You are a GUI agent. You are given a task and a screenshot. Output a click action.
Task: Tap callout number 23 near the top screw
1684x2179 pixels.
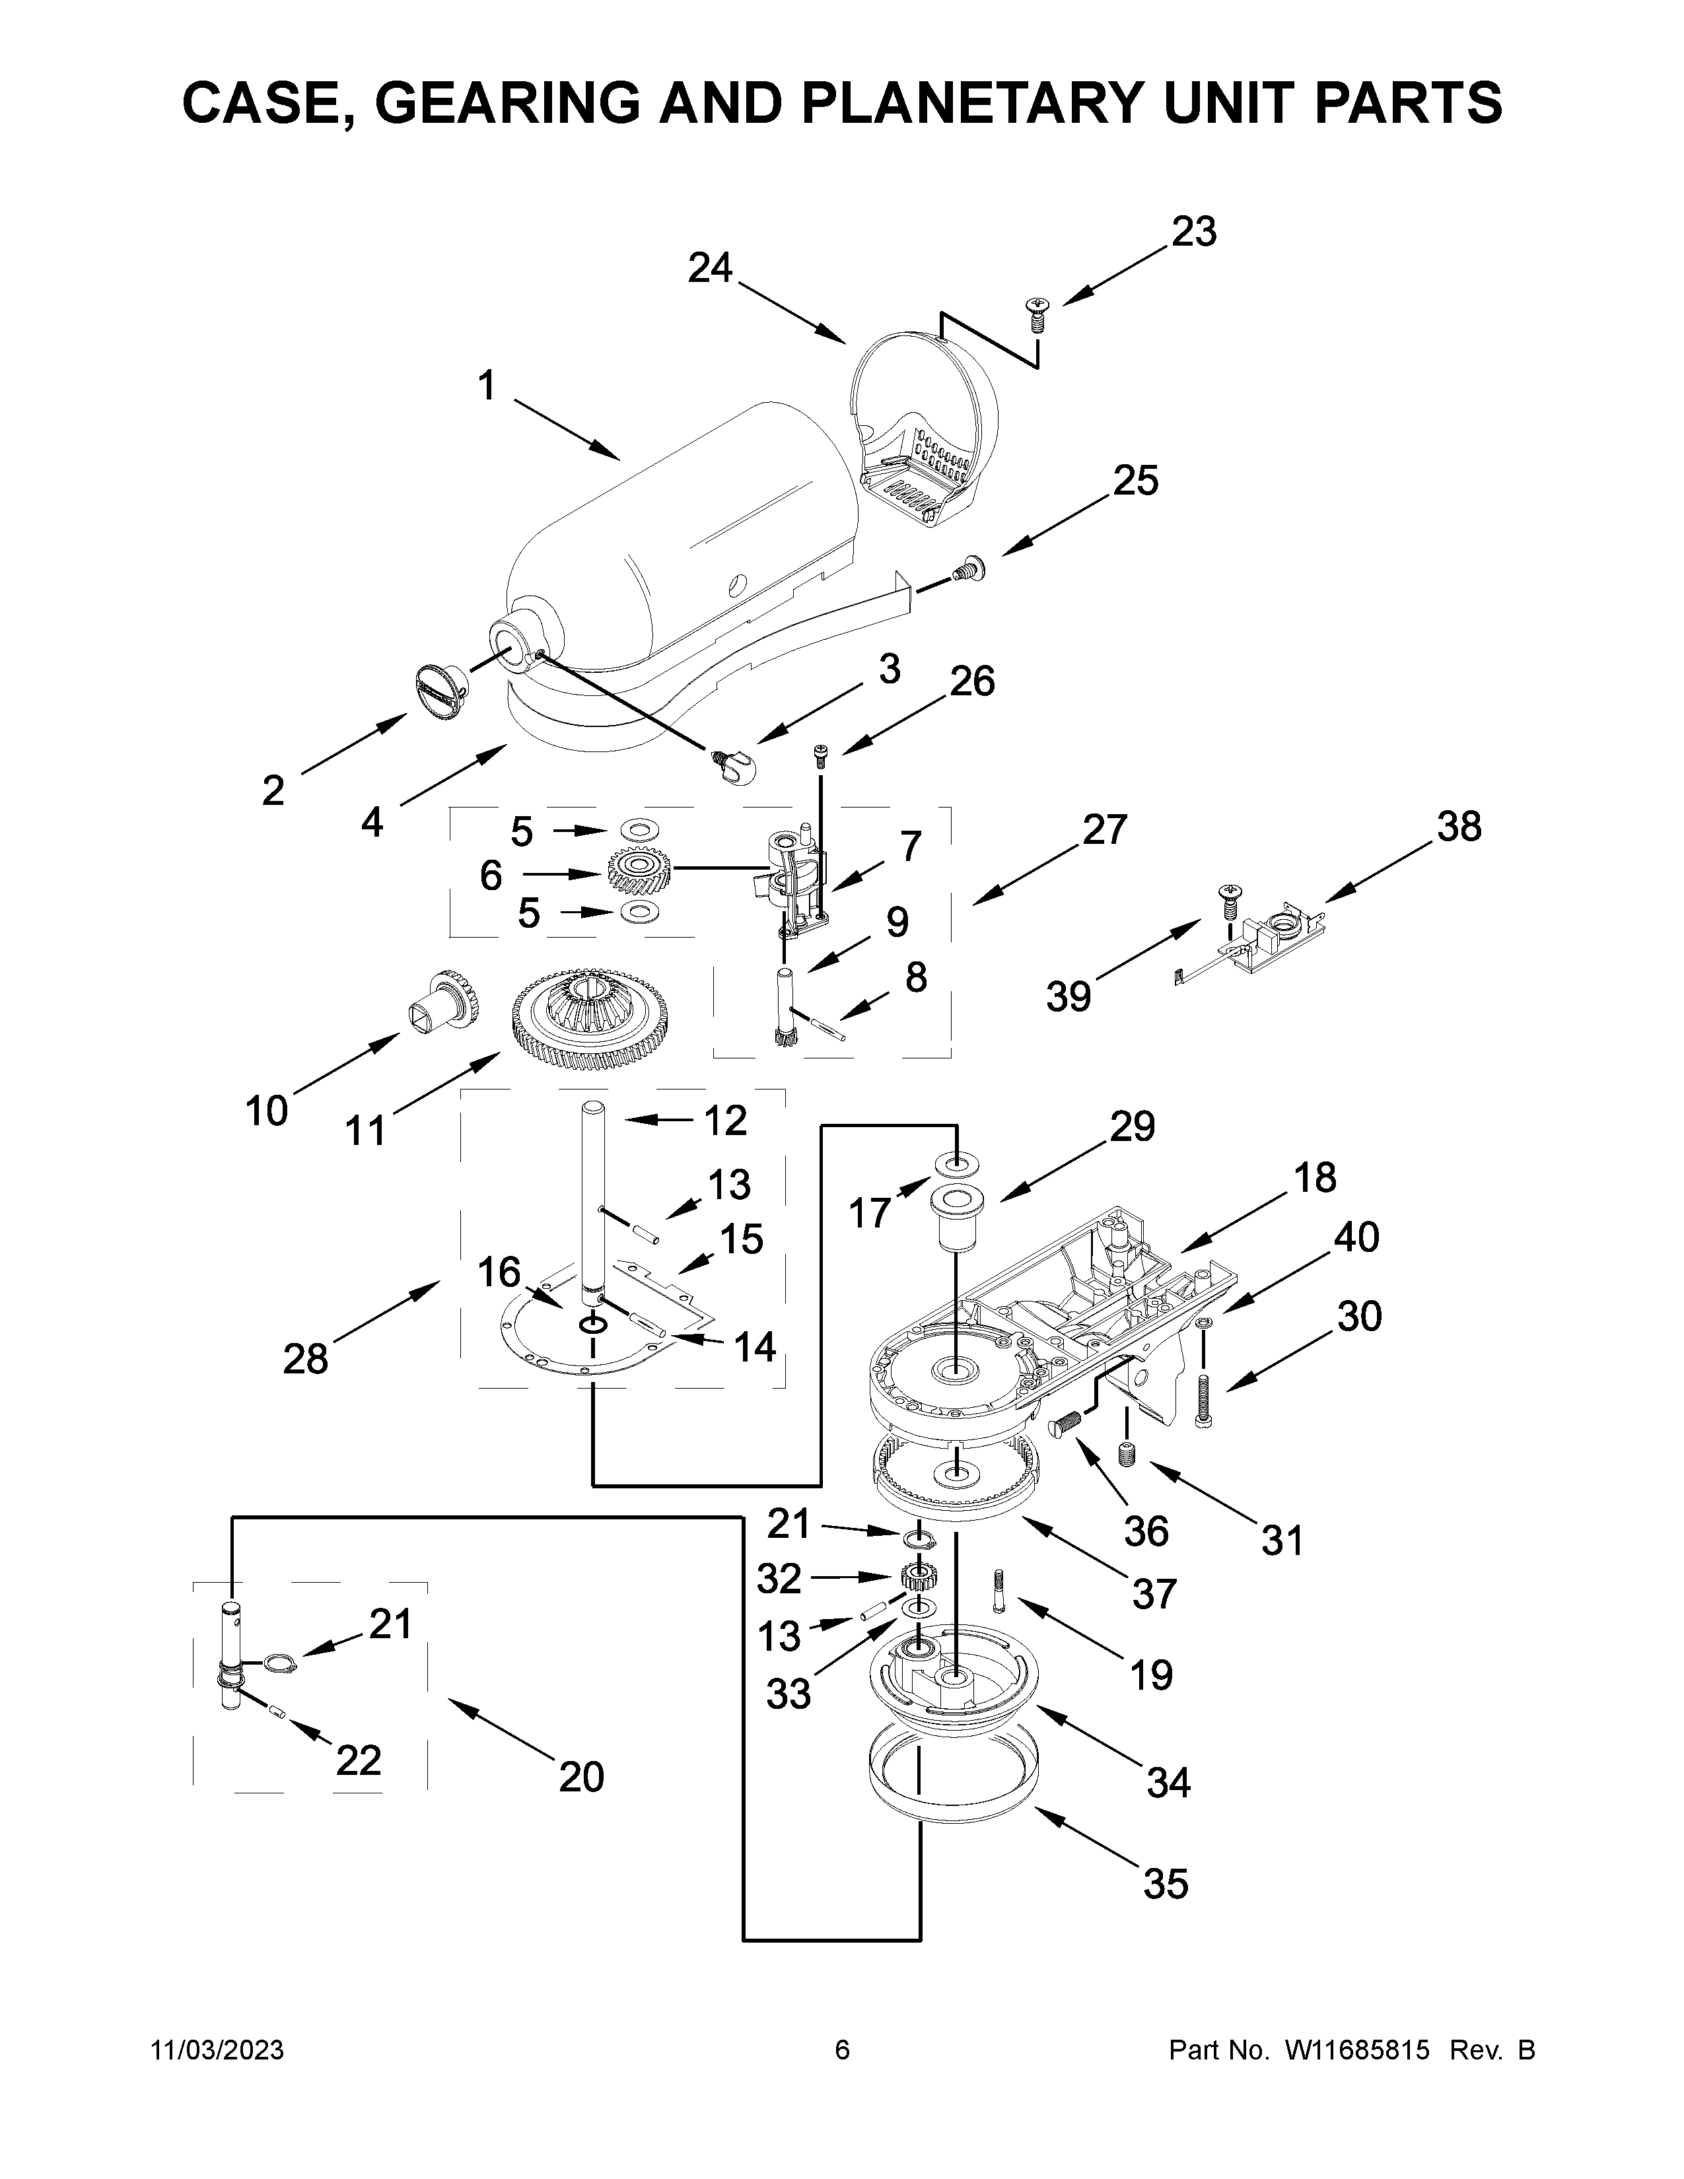[1193, 232]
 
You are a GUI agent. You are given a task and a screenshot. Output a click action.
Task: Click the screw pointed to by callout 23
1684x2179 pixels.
[1037, 315]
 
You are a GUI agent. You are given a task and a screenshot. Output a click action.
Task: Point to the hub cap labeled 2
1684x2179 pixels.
[441, 689]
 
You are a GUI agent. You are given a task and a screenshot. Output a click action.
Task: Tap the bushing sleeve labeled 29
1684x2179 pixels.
[955, 1217]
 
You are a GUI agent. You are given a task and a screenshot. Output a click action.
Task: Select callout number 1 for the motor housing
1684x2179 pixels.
[486, 384]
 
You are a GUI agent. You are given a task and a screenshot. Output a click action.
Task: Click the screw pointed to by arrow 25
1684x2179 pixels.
[967, 571]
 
